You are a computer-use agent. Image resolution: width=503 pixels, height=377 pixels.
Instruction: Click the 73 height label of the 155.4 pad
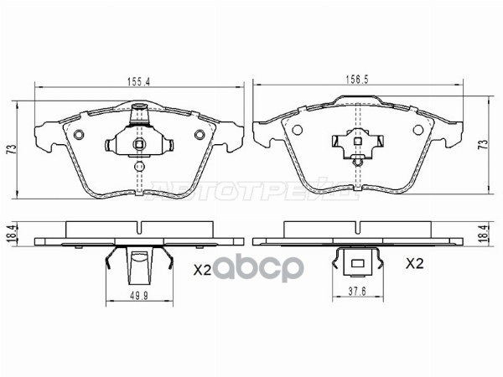pos(12,150)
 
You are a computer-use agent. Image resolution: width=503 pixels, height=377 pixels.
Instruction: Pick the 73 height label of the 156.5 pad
pos(482,145)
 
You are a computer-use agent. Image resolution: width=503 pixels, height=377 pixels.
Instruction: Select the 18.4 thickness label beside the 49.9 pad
pos(12,234)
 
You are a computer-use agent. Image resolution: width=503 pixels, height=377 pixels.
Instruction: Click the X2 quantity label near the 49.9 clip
pos(203,270)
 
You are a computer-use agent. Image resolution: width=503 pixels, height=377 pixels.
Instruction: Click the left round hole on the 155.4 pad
pos(78,136)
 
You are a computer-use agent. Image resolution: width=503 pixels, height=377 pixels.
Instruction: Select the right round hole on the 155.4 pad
pos(200,136)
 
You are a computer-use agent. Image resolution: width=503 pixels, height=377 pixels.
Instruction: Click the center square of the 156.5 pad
pos(358,141)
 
